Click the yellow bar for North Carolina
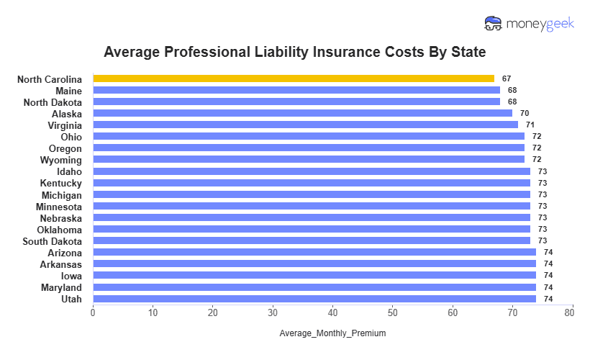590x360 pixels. [x=294, y=78]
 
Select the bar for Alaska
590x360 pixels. [x=302, y=113]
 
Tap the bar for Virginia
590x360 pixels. [x=305, y=125]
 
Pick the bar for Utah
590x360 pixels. [x=314, y=299]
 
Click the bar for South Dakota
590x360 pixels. [x=312, y=240]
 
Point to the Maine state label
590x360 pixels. [x=68, y=91]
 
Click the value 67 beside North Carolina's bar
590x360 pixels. [x=507, y=78]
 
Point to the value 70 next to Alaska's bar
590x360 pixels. [x=525, y=113]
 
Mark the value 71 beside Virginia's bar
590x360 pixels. [x=530, y=125]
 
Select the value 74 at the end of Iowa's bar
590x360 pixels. [x=548, y=276]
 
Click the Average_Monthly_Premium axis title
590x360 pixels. [x=332, y=333]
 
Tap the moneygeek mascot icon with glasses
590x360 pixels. [x=494, y=24]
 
